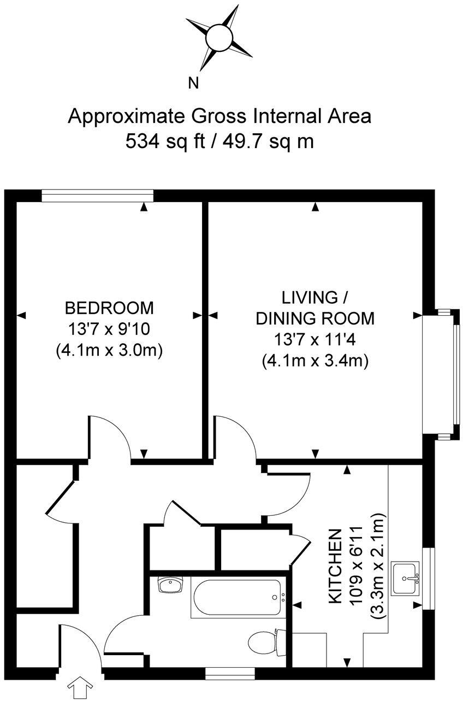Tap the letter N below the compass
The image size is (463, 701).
(x=193, y=83)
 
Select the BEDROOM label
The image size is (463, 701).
(x=109, y=308)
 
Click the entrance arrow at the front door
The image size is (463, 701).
(x=80, y=687)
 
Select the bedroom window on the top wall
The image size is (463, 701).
(x=97, y=196)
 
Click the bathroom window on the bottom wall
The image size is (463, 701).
(x=230, y=673)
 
